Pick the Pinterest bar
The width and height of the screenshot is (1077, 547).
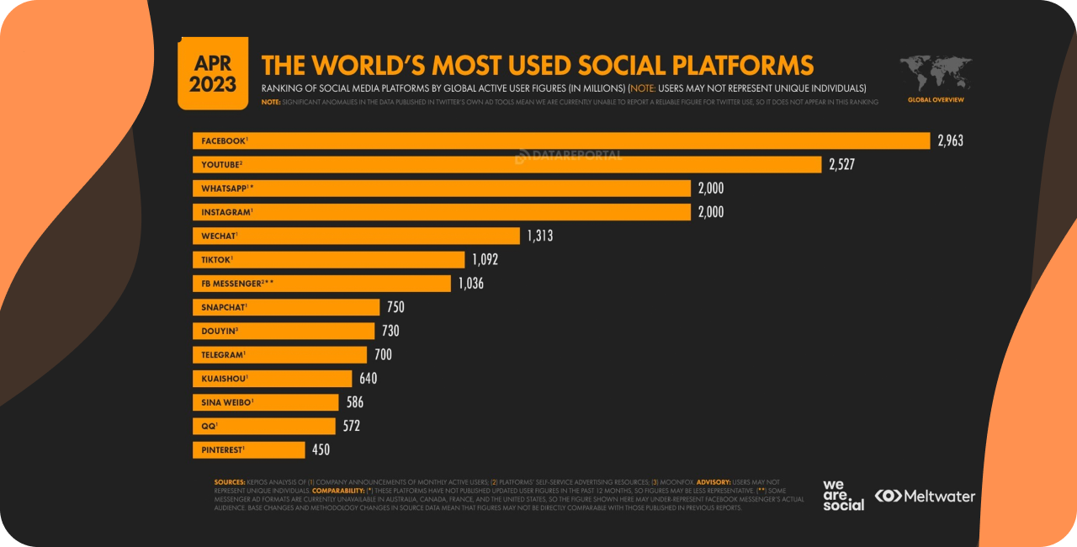tap(249, 450)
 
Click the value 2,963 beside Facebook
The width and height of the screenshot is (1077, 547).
tap(950, 141)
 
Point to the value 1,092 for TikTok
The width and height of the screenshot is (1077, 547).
tap(485, 260)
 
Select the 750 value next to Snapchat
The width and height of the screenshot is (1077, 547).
tap(395, 307)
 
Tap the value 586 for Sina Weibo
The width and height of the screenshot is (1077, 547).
tap(354, 402)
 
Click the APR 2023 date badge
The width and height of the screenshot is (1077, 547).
tap(213, 75)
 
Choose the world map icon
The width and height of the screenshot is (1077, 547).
tap(936, 74)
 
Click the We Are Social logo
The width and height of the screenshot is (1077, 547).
tap(843, 496)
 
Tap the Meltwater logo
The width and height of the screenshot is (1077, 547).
tap(925, 496)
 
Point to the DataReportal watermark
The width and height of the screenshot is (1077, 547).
tap(568, 156)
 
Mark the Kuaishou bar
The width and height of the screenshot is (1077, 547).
tap(273, 379)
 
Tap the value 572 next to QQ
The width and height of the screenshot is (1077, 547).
tap(351, 426)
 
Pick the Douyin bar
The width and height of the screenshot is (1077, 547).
tap(284, 331)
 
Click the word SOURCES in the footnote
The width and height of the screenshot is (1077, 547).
tap(229, 482)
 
